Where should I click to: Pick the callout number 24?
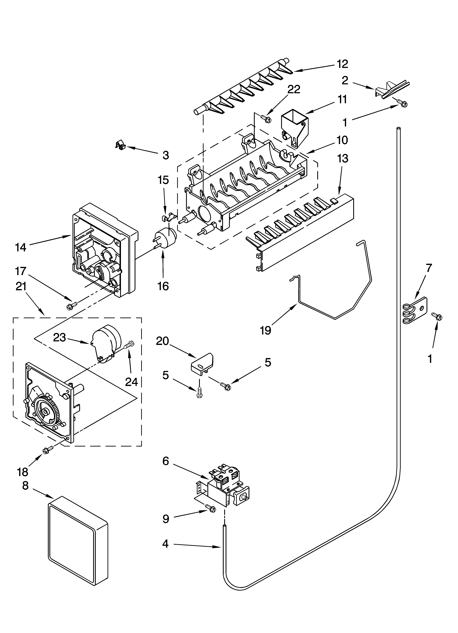(131, 382)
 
